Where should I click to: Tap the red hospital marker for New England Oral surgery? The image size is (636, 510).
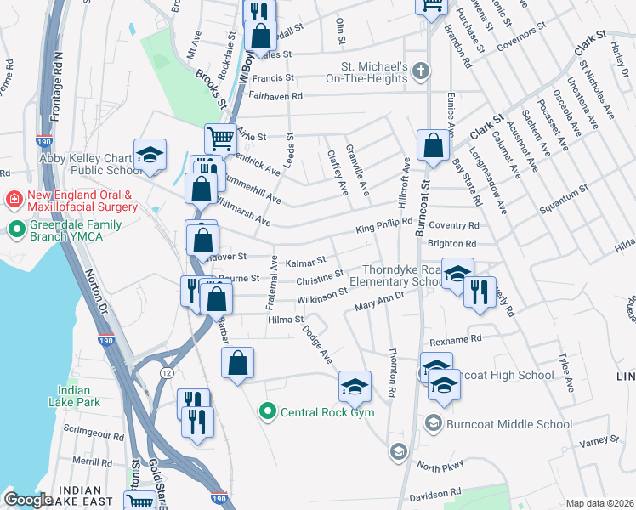pyautogui.click(x=14, y=200)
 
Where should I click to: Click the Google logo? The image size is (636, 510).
pyautogui.click(x=29, y=500)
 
